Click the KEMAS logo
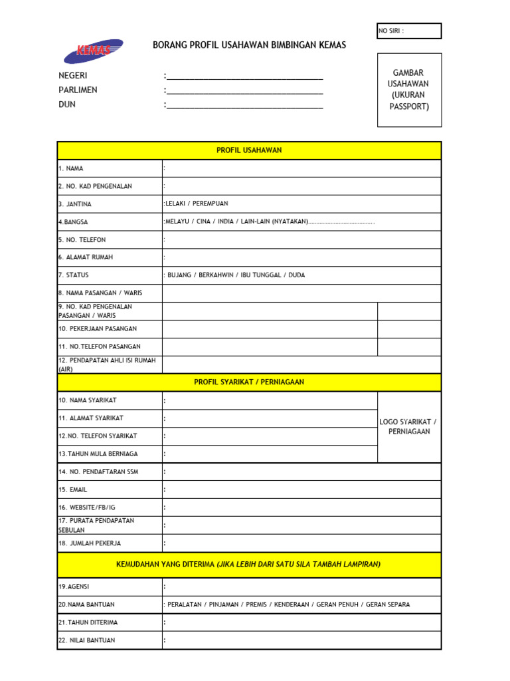tap(93, 51)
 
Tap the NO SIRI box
tap(409, 31)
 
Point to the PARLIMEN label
tap(78, 90)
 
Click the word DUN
tap(67, 104)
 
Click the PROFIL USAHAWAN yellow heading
tap(249, 150)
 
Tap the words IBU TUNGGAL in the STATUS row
tap(261, 275)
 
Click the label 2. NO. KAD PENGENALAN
tap(94, 186)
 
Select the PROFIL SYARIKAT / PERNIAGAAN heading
tap(249, 382)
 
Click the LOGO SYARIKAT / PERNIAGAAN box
tap(408, 426)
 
